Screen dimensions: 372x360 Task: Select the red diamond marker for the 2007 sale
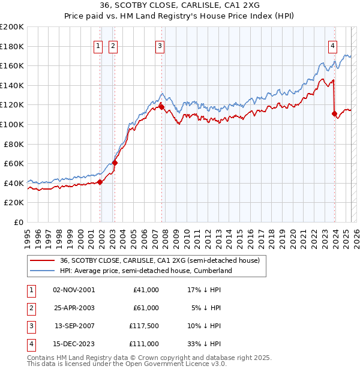point(161,107)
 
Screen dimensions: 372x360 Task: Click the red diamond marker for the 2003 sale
point(115,162)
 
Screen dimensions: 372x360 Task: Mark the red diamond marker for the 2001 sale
point(100,182)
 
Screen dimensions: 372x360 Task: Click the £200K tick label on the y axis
point(12,27)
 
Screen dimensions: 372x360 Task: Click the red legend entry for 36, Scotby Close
point(160,260)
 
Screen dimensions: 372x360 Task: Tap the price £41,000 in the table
point(146,290)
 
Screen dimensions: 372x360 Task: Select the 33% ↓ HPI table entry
point(205,344)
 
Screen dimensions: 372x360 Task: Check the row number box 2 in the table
point(31,308)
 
